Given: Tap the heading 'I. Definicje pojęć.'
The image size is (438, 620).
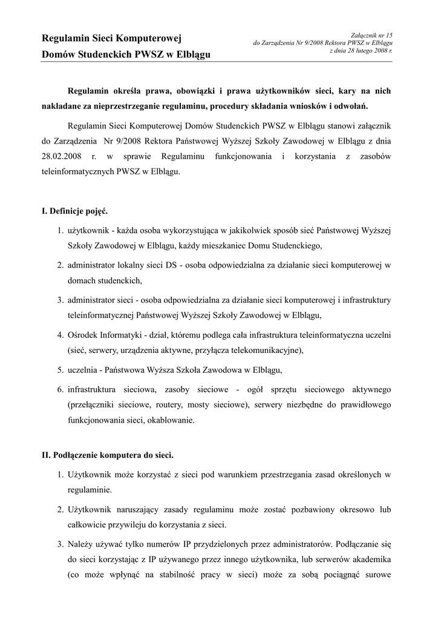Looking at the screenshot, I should coord(74,211).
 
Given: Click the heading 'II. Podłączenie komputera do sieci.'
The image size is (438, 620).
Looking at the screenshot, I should coord(107,453).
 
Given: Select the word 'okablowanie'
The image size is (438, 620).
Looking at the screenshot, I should coord(172,420).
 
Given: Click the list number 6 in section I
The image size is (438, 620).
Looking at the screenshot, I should coord(60,388).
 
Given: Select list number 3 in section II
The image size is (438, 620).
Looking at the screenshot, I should coord(60,543).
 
